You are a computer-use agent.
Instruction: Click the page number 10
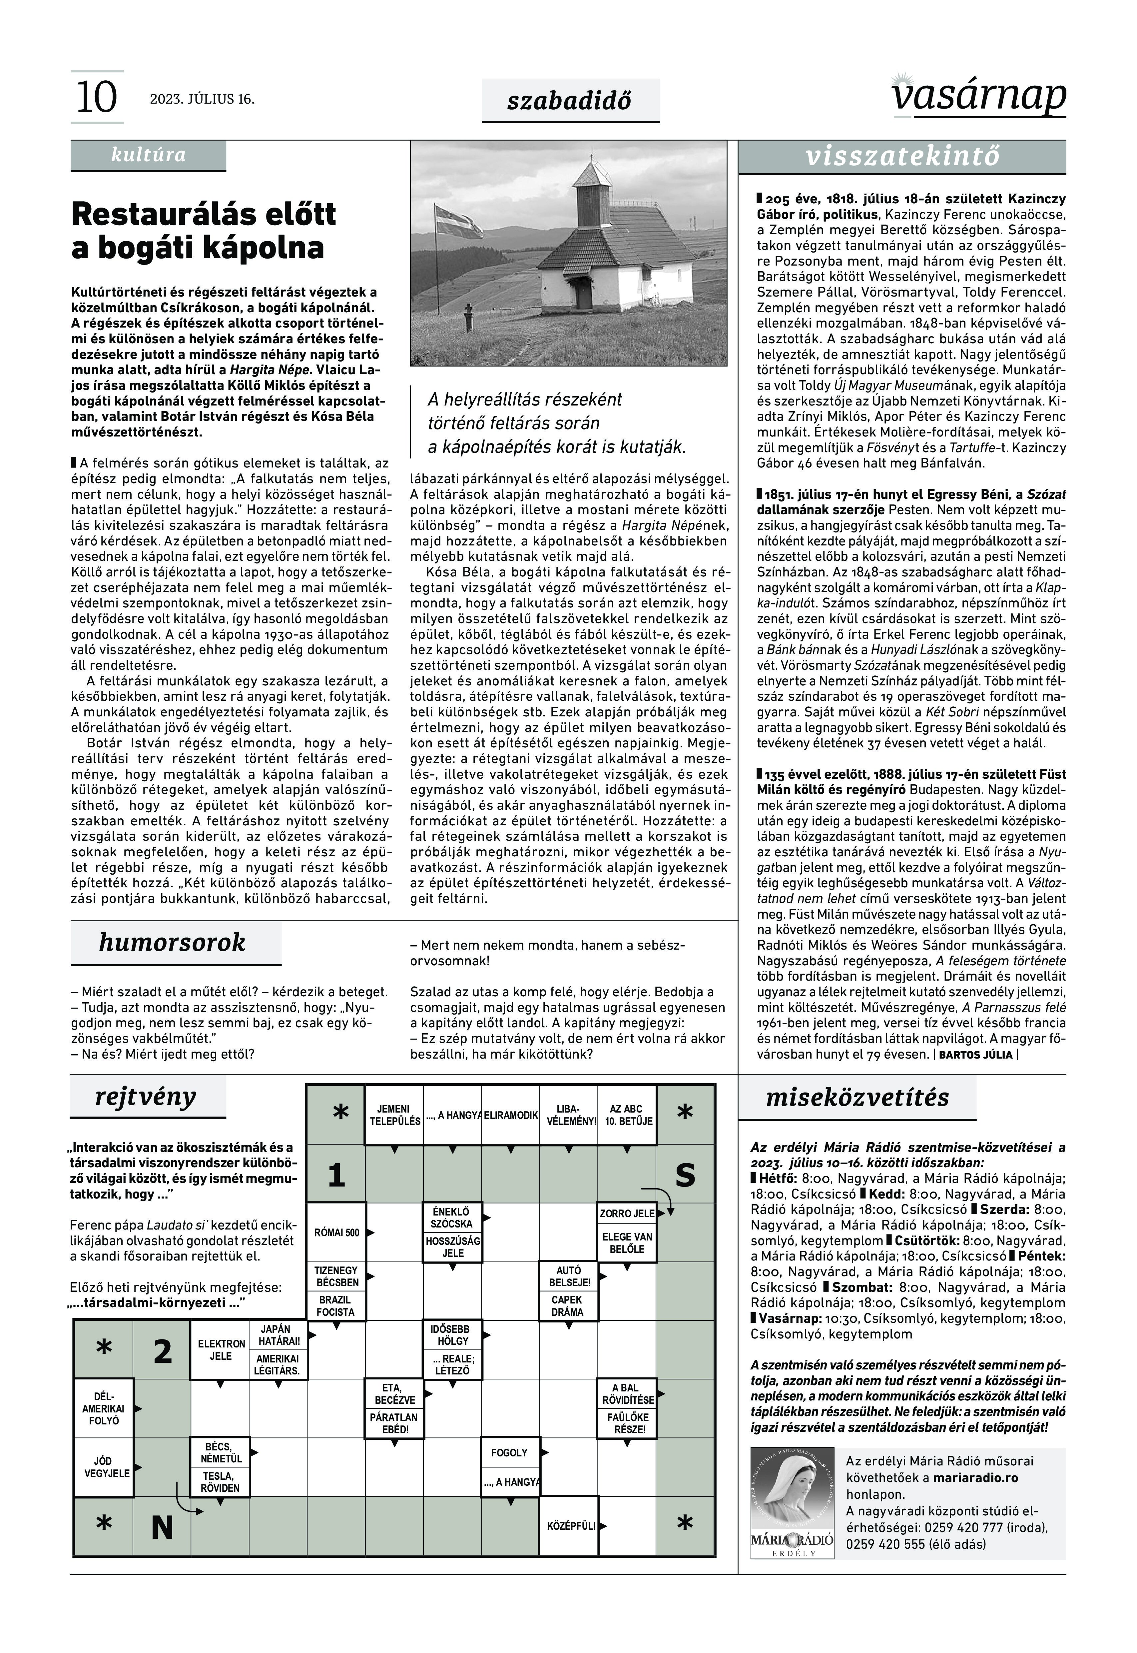click(x=96, y=98)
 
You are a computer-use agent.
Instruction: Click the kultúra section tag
click(x=148, y=155)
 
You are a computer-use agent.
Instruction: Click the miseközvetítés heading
click(x=857, y=1097)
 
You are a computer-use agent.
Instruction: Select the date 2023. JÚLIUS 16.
click(x=202, y=99)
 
